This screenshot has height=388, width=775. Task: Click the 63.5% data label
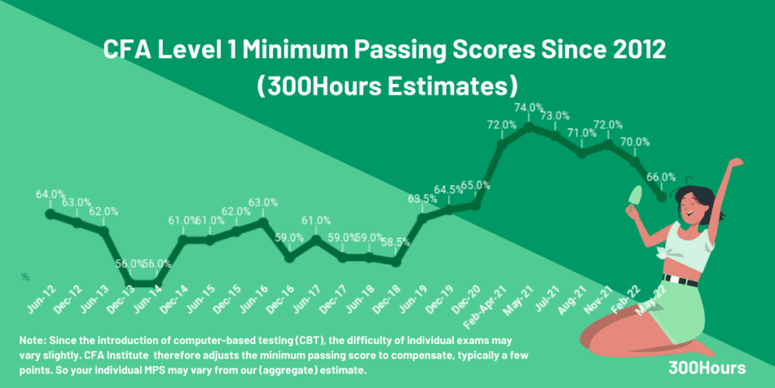coord(422,199)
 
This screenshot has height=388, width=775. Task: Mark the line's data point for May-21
coord(529,126)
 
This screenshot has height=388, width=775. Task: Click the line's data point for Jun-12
coord(51,214)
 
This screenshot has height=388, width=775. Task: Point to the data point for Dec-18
coord(395,261)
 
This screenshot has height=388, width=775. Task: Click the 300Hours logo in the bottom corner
coord(707,367)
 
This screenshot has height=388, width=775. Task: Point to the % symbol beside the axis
coord(25,277)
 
